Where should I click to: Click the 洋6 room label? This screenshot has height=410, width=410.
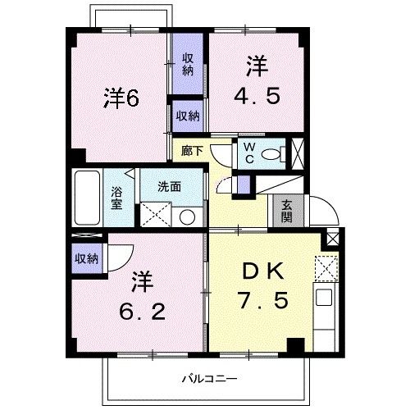click(121, 98)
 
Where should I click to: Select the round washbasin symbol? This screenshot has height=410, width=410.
click(187, 217)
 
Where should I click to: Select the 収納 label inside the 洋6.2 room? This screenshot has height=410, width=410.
click(87, 259)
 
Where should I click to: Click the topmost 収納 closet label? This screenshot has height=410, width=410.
click(188, 63)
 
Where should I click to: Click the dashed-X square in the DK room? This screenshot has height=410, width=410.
click(326, 268)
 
